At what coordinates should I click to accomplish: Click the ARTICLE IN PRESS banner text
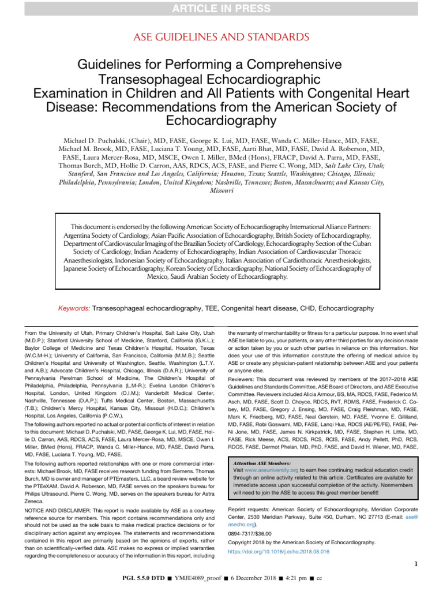point(221,8)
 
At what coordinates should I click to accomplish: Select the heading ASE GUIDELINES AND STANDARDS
point(221,37)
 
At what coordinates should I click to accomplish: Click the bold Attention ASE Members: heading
point(262,463)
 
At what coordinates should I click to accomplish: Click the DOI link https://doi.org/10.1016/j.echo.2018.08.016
point(279,551)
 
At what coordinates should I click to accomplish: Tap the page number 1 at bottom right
point(416,564)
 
